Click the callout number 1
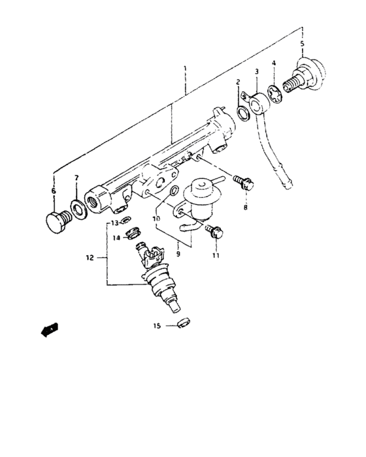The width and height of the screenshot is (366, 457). click(x=185, y=68)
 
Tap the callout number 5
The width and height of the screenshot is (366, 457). click(x=302, y=44)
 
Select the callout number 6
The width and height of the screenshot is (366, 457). click(x=54, y=191)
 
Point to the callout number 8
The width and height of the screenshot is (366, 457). click(x=246, y=208)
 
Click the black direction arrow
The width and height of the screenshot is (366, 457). click(x=48, y=330)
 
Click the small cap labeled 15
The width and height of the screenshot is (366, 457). click(x=182, y=322)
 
